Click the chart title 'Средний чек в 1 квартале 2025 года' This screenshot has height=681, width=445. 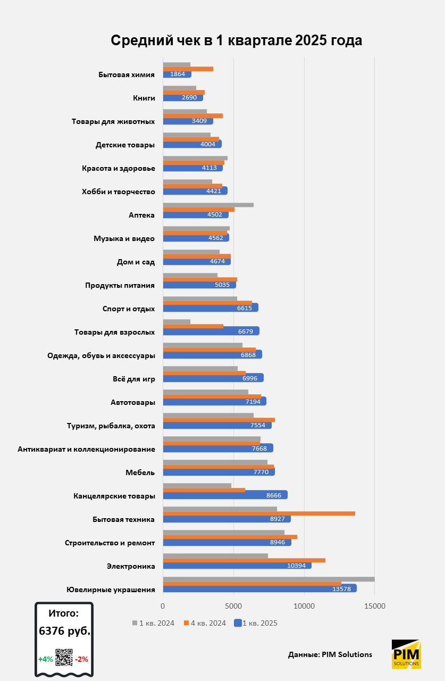(237, 41)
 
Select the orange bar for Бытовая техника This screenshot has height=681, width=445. (258, 513)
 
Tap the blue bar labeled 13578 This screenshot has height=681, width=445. (259, 588)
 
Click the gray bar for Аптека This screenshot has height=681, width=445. (208, 205)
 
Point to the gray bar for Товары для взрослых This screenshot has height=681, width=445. (177, 321)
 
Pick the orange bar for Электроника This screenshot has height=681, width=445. (244, 560)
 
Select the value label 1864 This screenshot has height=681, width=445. (177, 74)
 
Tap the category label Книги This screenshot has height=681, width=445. (144, 98)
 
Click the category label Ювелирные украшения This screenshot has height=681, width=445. (111, 589)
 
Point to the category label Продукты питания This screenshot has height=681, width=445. (120, 285)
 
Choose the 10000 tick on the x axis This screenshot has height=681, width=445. (304, 605)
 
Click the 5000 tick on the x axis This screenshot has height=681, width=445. (233, 605)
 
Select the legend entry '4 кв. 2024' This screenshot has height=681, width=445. (205, 623)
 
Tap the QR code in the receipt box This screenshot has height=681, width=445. (64, 658)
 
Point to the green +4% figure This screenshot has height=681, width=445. (45, 659)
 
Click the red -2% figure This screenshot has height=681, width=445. (81, 659)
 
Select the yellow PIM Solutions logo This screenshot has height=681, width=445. (406, 654)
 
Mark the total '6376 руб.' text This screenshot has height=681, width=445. (64, 631)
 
